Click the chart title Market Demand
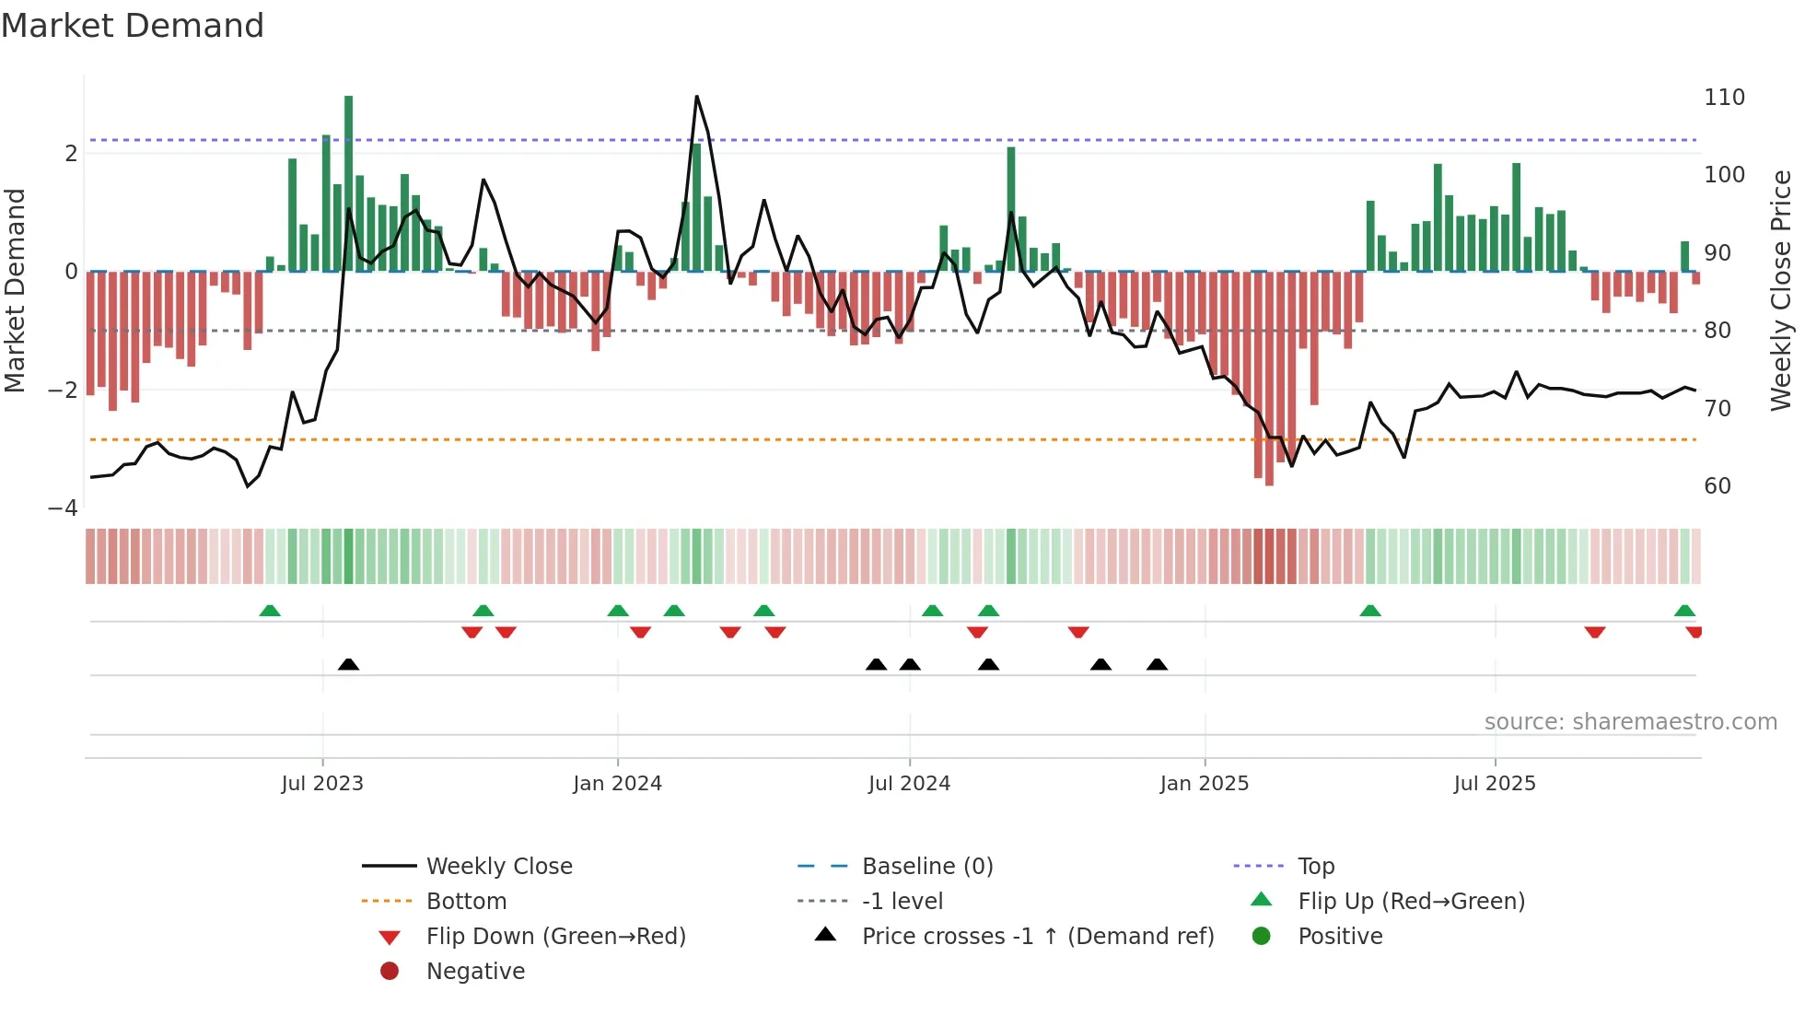[133, 26]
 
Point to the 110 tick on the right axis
[1724, 98]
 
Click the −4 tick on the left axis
[63, 508]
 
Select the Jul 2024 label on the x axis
[909, 784]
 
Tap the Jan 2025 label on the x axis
[1204, 784]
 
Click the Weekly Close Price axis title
[1781, 290]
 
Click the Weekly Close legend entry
[498, 867]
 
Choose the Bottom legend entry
[466, 902]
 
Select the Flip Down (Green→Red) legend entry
[555, 937]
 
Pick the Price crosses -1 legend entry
[1037, 937]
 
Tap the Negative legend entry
[475, 972]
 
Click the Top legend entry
[1315, 867]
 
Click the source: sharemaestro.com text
[1630, 722]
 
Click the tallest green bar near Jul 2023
[348, 184]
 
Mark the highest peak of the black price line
[696, 97]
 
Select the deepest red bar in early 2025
[1269, 378]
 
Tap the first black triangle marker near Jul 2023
[348, 665]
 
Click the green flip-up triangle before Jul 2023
[270, 611]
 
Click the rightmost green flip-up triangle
[1684, 611]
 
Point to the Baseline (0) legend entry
[926, 867]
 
